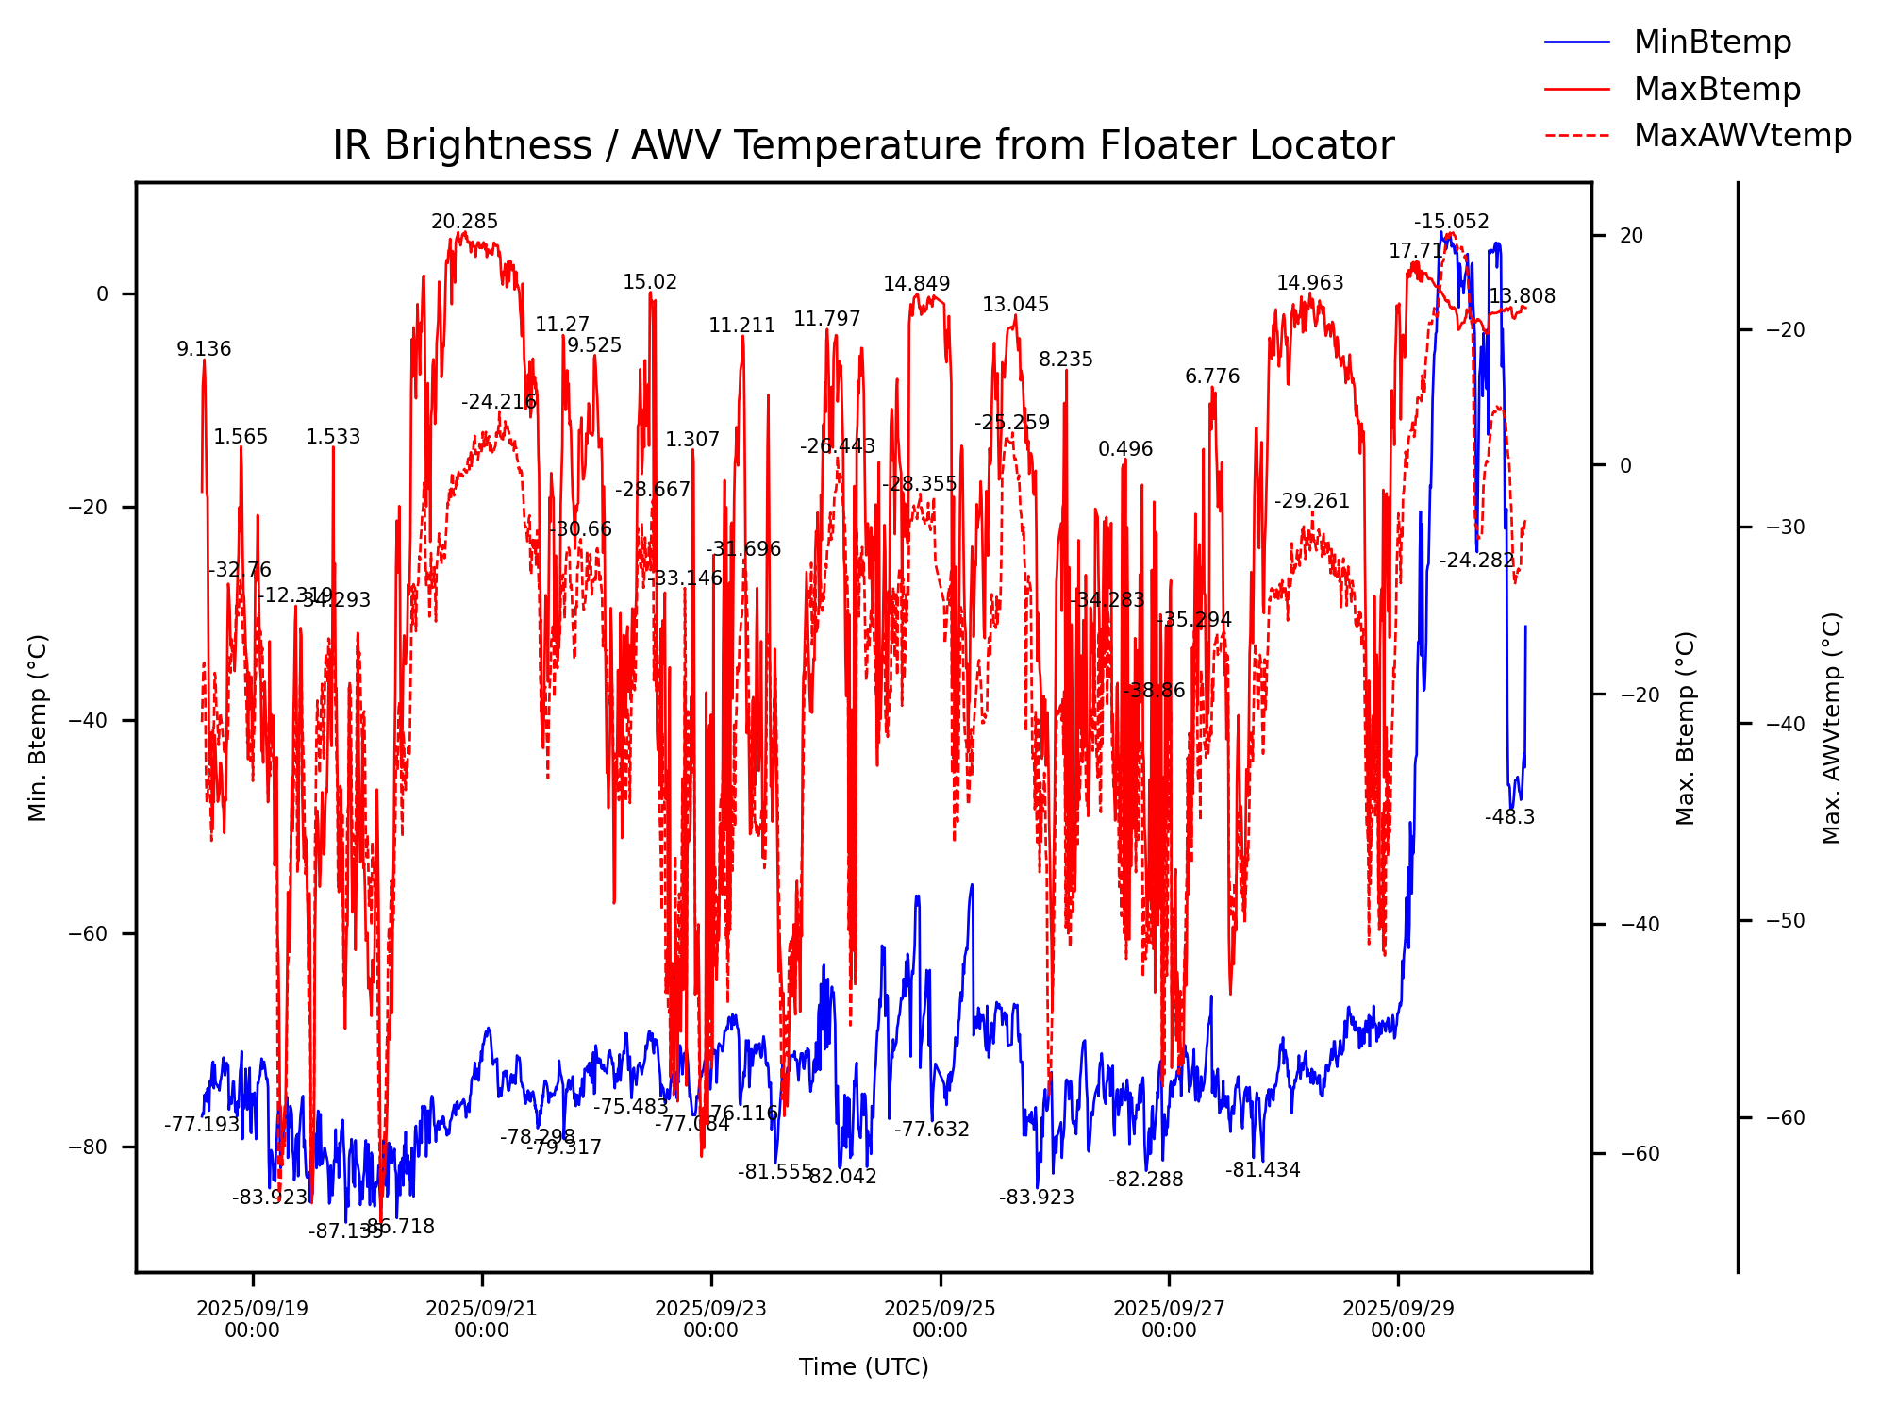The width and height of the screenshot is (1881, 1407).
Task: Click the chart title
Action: point(862,146)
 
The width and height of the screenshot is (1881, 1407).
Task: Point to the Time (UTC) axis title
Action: point(863,1367)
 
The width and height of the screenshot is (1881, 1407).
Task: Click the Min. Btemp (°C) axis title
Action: point(38,728)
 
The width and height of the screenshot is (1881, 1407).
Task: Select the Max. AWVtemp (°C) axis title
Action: point(1831,728)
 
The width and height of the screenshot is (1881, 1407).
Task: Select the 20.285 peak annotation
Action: point(464,222)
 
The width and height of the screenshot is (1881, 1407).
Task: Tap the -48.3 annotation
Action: point(1509,817)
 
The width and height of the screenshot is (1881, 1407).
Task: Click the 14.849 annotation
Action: point(916,284)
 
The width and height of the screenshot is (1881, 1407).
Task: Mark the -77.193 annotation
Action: point(202,1125)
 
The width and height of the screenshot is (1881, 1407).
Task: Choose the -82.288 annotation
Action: point(1145,1180)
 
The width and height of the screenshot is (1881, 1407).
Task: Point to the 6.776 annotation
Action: point(1212,377)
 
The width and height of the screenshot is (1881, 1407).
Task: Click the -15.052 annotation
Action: point(1451,222)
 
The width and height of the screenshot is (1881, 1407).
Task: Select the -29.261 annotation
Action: point(1312,501)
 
